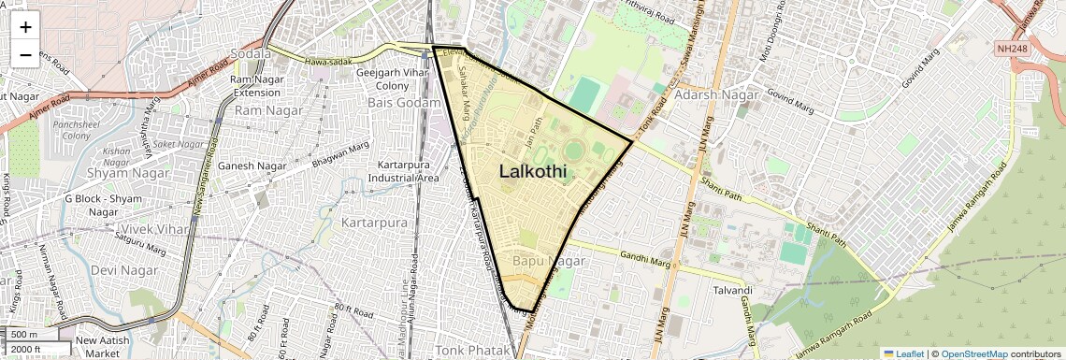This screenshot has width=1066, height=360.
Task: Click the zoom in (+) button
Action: (25, 27)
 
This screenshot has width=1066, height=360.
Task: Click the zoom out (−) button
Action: (25, 54)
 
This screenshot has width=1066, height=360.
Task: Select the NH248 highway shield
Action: (1012, 48)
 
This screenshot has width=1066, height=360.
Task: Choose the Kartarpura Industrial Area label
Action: (407, 171)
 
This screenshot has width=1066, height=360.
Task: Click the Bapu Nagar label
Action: (549, 261)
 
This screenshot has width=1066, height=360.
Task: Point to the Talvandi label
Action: (732, 290)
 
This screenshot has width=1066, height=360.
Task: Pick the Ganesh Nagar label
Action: (252, 166)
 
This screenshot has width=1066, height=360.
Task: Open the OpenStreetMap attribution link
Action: (973, 353)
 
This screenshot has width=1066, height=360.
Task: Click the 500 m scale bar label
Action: (24, 335)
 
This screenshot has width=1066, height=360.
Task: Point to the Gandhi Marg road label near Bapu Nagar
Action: (620, 255)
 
